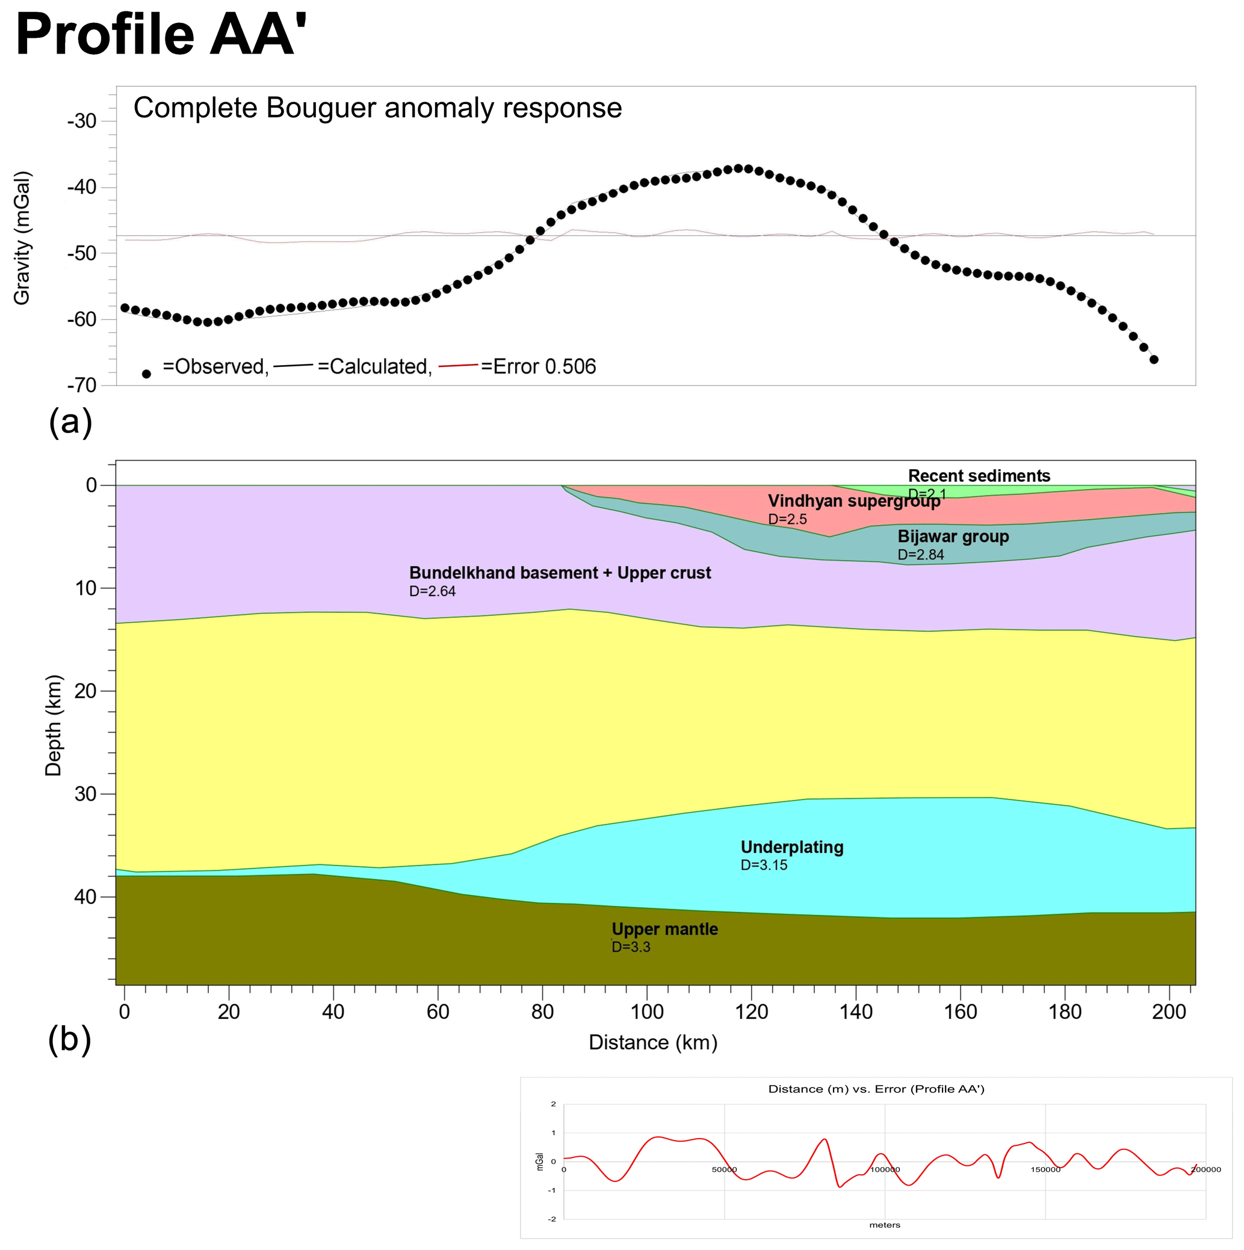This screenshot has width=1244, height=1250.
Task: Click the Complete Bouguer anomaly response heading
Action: pyautogui.click(x=377, y=108)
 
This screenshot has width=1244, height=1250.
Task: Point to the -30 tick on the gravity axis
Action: pyautogui.click(x=82, y=121)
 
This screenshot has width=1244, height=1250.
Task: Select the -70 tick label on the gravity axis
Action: pyautogui.click(x=82, y=386)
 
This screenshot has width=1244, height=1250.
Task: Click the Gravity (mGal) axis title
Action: pyautogui.click(x=22, y=238)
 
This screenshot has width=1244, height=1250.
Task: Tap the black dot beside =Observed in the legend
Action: pyautogui.click(x=146, y=374)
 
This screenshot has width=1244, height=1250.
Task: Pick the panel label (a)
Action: pyautogui.click(x=70, y=422)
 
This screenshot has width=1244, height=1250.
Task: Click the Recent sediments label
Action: pyautogui.click(x=979, y=476)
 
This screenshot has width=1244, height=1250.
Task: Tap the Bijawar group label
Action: pyautogui.click(x=953, y=537)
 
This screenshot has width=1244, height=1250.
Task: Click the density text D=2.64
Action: pyautogui.click(x=432, y=591)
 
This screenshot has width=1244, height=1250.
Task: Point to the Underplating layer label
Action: pyautogui.click(x=791, y=848)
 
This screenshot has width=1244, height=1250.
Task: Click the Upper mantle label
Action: pyautogui.click(x=664, y=929)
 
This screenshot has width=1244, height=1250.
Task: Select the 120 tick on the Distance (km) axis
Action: pyautogui.click(x=752, y=1012)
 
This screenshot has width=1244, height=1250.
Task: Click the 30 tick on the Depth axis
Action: pyautogui.click(x=85, y=794)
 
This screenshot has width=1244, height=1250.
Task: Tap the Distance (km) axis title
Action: pyautogui.click(x=653, y=1042)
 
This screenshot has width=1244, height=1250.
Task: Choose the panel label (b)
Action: pyautogui.click(x=70, y=1039)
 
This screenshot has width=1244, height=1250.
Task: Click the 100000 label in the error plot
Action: pyautogui.click(x=885, y=1170)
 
